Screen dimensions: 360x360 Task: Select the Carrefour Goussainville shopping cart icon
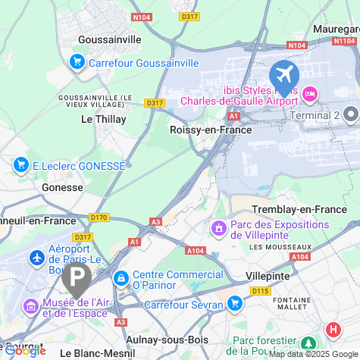coord(77,62)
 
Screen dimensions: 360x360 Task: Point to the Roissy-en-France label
coord(212,130)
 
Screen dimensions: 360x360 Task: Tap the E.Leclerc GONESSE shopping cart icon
coord(20,164)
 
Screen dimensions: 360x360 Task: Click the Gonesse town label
coord(62,187)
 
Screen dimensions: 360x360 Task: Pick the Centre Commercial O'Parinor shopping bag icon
coord(121,279)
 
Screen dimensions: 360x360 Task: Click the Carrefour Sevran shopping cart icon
coord(234,304)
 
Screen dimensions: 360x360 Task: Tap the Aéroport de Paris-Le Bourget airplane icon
coord(36,258)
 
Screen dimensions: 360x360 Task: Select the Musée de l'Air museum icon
coord(31,306)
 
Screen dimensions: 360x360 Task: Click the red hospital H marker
coord(332,330)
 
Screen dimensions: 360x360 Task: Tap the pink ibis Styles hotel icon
coord(309,94)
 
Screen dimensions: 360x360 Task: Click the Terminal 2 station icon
coord(350,114)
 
